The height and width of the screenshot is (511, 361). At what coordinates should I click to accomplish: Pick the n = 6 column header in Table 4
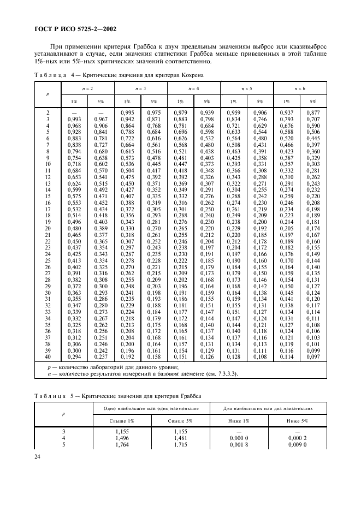click(300, 88)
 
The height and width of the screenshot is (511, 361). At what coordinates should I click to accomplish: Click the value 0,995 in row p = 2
click(127, 112)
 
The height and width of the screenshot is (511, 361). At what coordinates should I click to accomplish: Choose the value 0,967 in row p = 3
click(100, 118)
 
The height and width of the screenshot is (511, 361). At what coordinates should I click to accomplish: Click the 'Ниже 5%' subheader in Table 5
click(298, 421)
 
